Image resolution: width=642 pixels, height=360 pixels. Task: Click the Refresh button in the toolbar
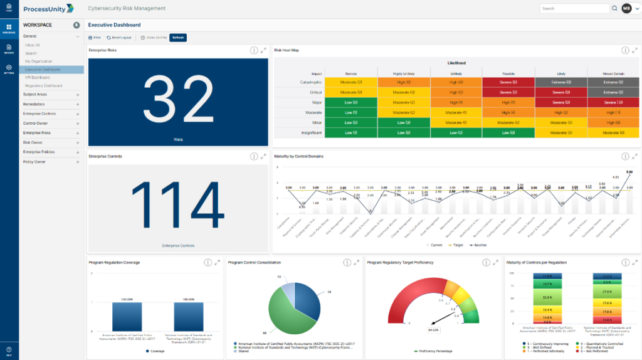pos(178,38)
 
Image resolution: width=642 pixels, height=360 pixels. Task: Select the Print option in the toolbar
pos(95,38)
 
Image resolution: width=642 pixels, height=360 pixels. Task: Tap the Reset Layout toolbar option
pos(119,38)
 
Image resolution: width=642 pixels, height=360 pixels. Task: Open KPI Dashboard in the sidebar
pos(37,77)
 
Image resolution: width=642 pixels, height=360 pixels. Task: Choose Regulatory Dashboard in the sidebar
pos(43,85)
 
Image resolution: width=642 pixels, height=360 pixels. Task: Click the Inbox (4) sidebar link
pos(33,45)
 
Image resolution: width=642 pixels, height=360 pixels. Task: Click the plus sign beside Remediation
pos(78,104)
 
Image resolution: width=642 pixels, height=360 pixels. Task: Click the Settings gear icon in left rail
pos(9,68)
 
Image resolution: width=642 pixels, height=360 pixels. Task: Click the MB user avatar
pos(626,9)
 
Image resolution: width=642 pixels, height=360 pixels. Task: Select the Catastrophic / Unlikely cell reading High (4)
pos(456,82)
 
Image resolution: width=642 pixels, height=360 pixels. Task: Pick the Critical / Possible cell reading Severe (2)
pos(508,92)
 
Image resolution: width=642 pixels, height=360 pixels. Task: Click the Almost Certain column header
pos(613,73)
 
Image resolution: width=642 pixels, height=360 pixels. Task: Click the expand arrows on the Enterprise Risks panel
pos(264,50)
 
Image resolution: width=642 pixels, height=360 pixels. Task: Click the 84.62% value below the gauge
pos(433,329)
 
